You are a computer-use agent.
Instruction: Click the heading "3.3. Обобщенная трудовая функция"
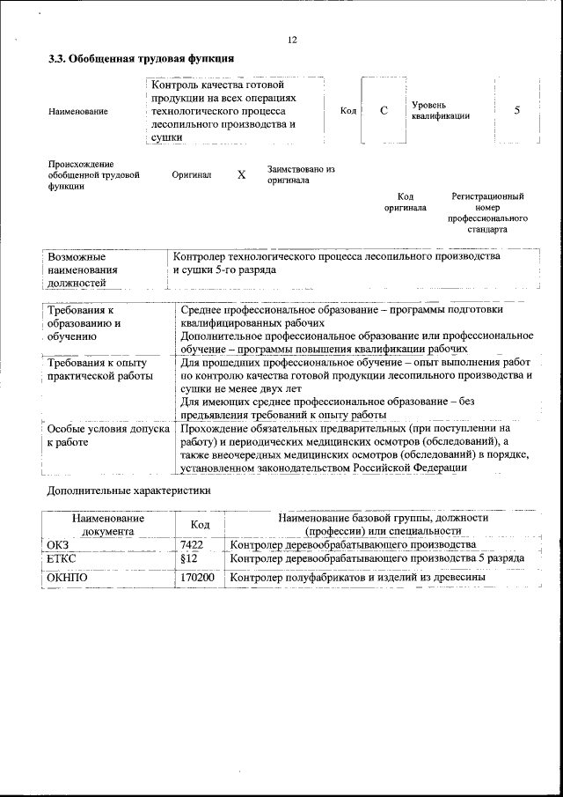(x=141, y=59)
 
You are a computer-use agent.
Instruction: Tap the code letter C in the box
(x=384, y=111)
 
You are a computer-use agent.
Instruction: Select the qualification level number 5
(x=517, y=110)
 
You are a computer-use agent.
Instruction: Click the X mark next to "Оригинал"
(x=241, y=174)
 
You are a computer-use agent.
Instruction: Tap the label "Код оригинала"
(x=405, y=203)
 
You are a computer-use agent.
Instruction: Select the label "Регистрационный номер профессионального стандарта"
(x=487, y=212)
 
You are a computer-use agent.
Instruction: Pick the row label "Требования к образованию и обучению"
(x=85, y=323)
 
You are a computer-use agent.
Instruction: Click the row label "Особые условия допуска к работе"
(x=106, y=435)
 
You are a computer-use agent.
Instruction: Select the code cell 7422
(x=192, y=545)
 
